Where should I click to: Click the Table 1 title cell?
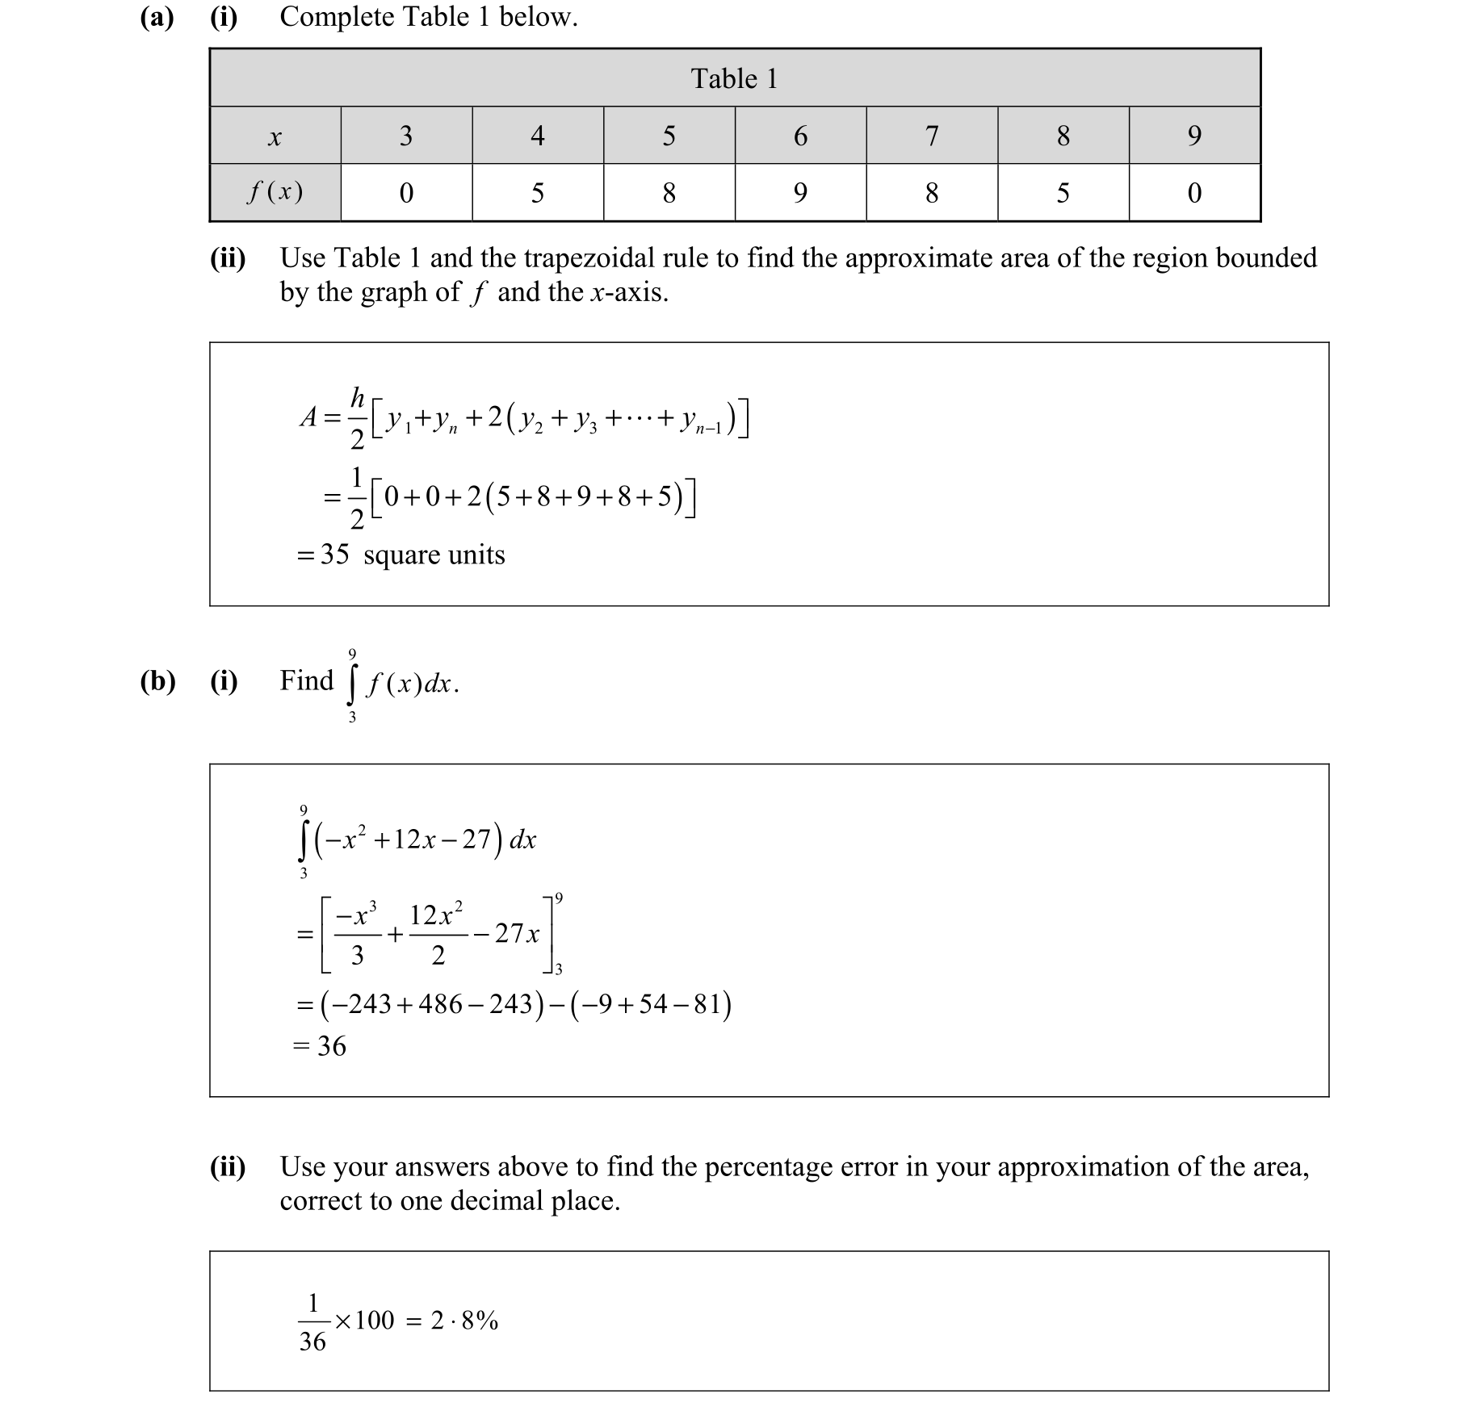[734, 78]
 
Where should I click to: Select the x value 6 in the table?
[800, 136]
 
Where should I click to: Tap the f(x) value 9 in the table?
[800, 193]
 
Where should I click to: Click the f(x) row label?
[275, 192]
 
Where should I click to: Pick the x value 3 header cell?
[406, 136]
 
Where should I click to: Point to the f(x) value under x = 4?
[538, 193]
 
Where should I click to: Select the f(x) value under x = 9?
[1194, 193]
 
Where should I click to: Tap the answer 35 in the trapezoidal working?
[334, 555]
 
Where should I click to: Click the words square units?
[434, 555]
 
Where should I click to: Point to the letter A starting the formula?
[308, 417]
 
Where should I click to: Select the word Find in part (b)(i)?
[306, 680]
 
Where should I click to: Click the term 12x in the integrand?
[415, 839]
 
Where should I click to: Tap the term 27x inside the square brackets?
[518, 934]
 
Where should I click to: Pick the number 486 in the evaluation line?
[441, 1004]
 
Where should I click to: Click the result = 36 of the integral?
[320, 1046]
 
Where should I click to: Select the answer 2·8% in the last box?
[464, 1321]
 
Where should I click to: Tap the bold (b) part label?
[157, 681]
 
